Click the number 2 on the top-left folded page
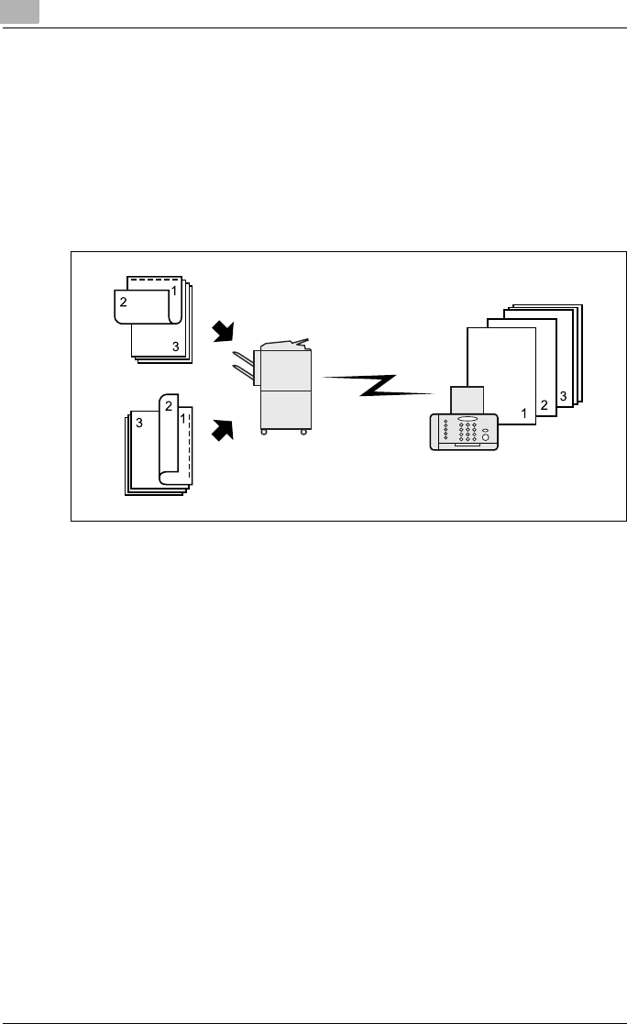click(122, 300)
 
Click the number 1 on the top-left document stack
click(173, 291)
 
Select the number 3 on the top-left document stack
click(175, 345)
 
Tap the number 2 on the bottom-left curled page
click(169, 406)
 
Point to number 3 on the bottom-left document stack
click(137, 423)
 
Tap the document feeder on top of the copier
click(286, 346)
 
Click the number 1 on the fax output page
click(523, 414)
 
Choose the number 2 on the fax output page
click(544, 404)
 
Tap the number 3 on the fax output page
click(563, 395)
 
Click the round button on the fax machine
click(486, 436)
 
